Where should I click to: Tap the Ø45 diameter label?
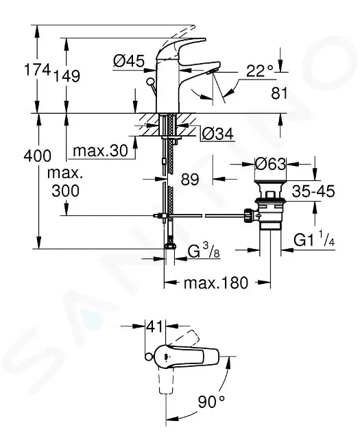(x=128, y=62)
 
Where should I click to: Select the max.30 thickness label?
(x=99, y=150)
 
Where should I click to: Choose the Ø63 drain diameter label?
(x=270, y=165)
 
